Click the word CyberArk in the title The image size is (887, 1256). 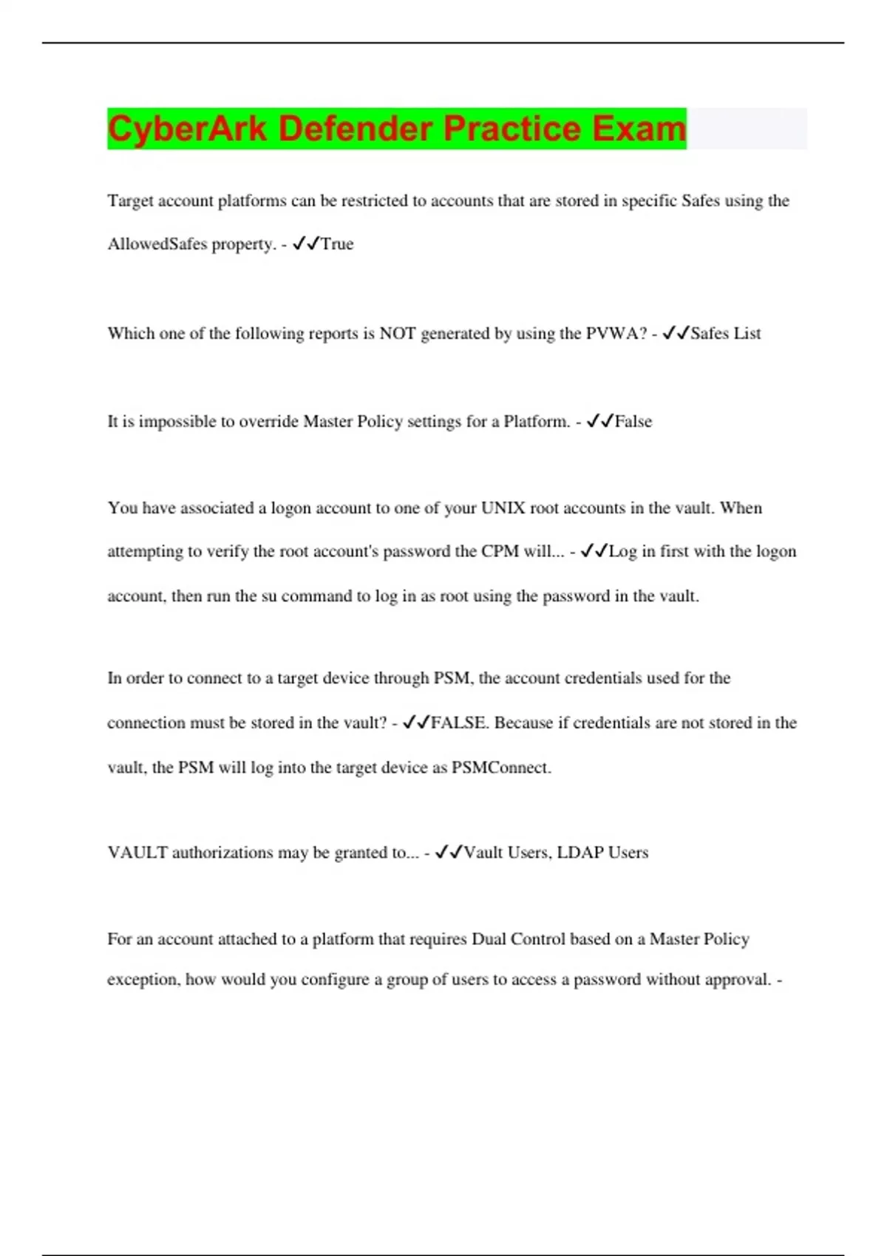point(187,129)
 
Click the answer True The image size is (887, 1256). point(337,245)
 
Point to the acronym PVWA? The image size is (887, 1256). point(616,334)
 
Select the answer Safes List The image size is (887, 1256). point(725,334)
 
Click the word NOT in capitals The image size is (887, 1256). point(398,334)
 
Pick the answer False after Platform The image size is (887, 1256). point(633,422)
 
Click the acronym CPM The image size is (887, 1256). point(500,552)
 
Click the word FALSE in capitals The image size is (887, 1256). point(459,723)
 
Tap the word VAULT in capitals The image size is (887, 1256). point(137,853)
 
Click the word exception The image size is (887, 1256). point(142,980)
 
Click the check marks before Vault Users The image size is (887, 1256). point(449,853)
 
